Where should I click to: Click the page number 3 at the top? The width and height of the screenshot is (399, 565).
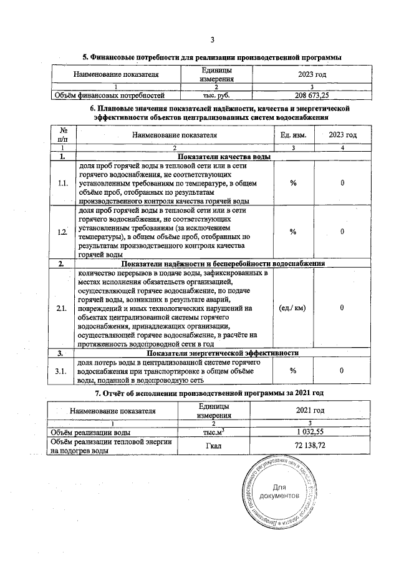pyautogui.click(x=212, y=41)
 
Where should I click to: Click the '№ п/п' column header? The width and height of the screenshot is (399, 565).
pyautogui.click(x=63, y=134)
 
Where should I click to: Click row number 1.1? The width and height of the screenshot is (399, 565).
pyautogui.click(x=62, y=184)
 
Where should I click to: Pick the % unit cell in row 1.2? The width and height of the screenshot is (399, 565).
pyautogui.click(x=293, y=232)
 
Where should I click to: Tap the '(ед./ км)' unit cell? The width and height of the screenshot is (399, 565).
pyautogui.click(x=293, y=308)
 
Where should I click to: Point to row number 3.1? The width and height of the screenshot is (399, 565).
pyautogui.click(x=62, y=371)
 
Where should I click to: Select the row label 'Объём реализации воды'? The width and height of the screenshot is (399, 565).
pyautogui.click(x=91, y=431)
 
